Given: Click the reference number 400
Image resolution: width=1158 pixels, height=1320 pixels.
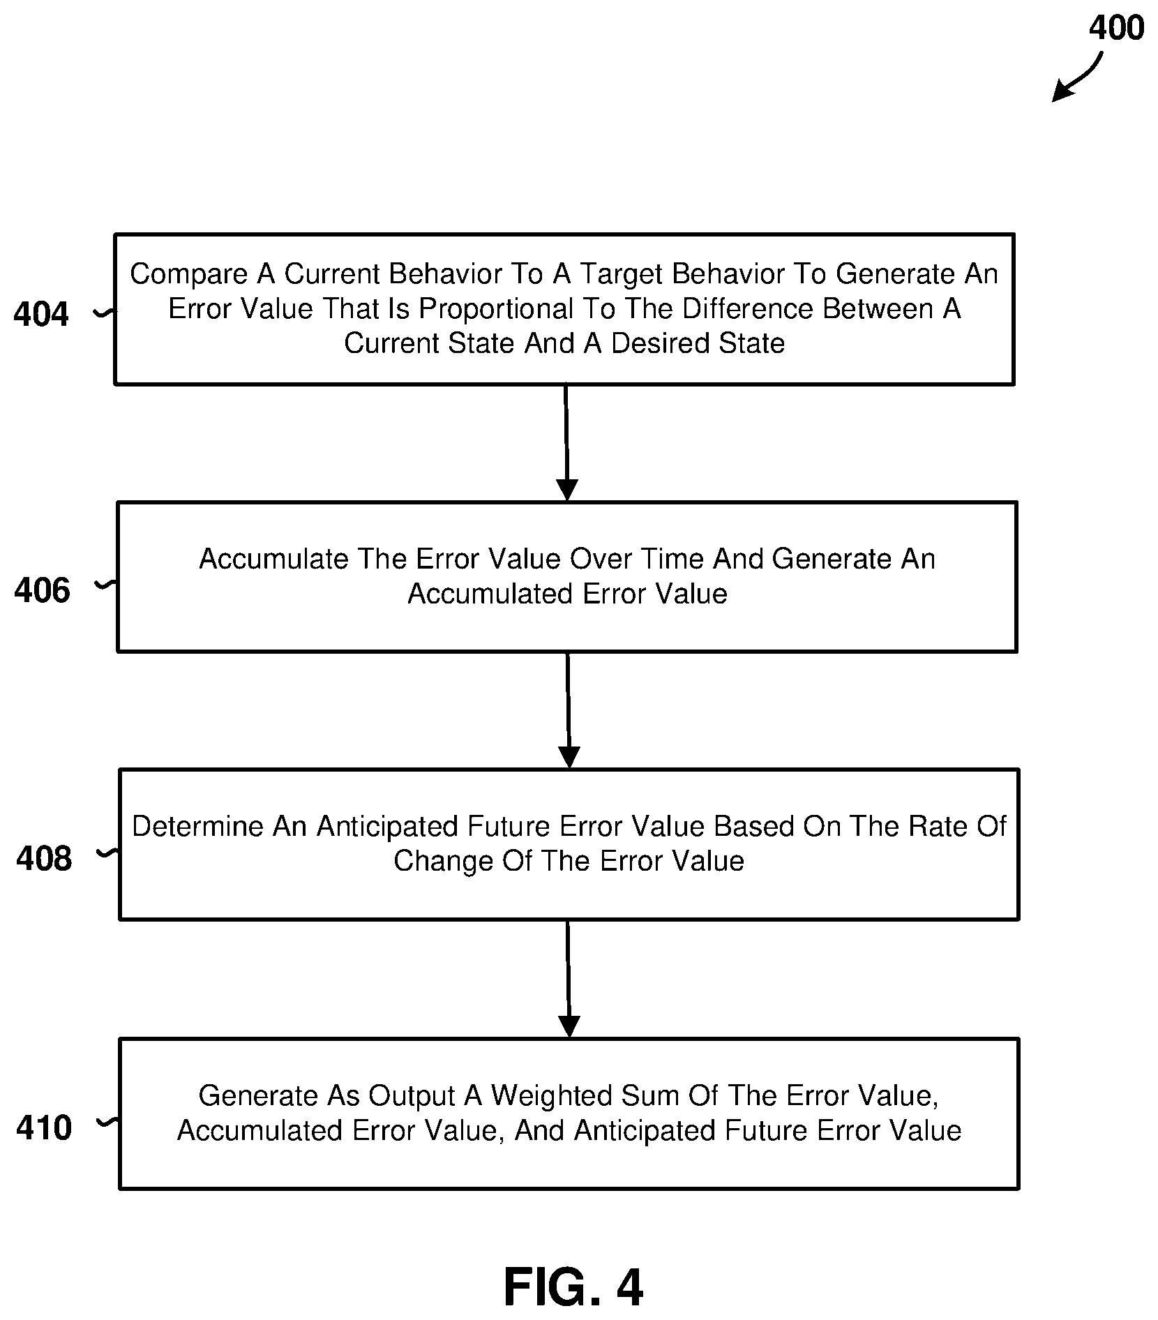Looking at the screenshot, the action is click(1116, 29).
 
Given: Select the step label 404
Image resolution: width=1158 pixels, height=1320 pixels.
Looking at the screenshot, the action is click(41, 315).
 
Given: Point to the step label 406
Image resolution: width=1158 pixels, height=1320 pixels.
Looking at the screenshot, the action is click(42, 591).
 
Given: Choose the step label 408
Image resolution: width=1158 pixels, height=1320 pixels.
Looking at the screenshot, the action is click(43, 859).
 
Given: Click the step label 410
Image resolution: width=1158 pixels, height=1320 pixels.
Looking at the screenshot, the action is click(43, 1128).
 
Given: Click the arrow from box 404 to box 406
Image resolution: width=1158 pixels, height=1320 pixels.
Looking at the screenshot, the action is click(566, 442).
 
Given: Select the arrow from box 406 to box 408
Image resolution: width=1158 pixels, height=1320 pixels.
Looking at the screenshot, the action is click(569, 710).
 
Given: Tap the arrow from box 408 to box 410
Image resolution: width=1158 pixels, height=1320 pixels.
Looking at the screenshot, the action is click(569, 979).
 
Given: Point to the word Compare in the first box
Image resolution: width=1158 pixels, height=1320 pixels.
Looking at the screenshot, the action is click(189, 275).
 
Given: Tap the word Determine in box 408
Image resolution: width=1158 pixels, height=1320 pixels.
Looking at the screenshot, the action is click(197, 827).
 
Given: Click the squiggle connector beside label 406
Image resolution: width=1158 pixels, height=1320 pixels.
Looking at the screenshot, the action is click(105, 586).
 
